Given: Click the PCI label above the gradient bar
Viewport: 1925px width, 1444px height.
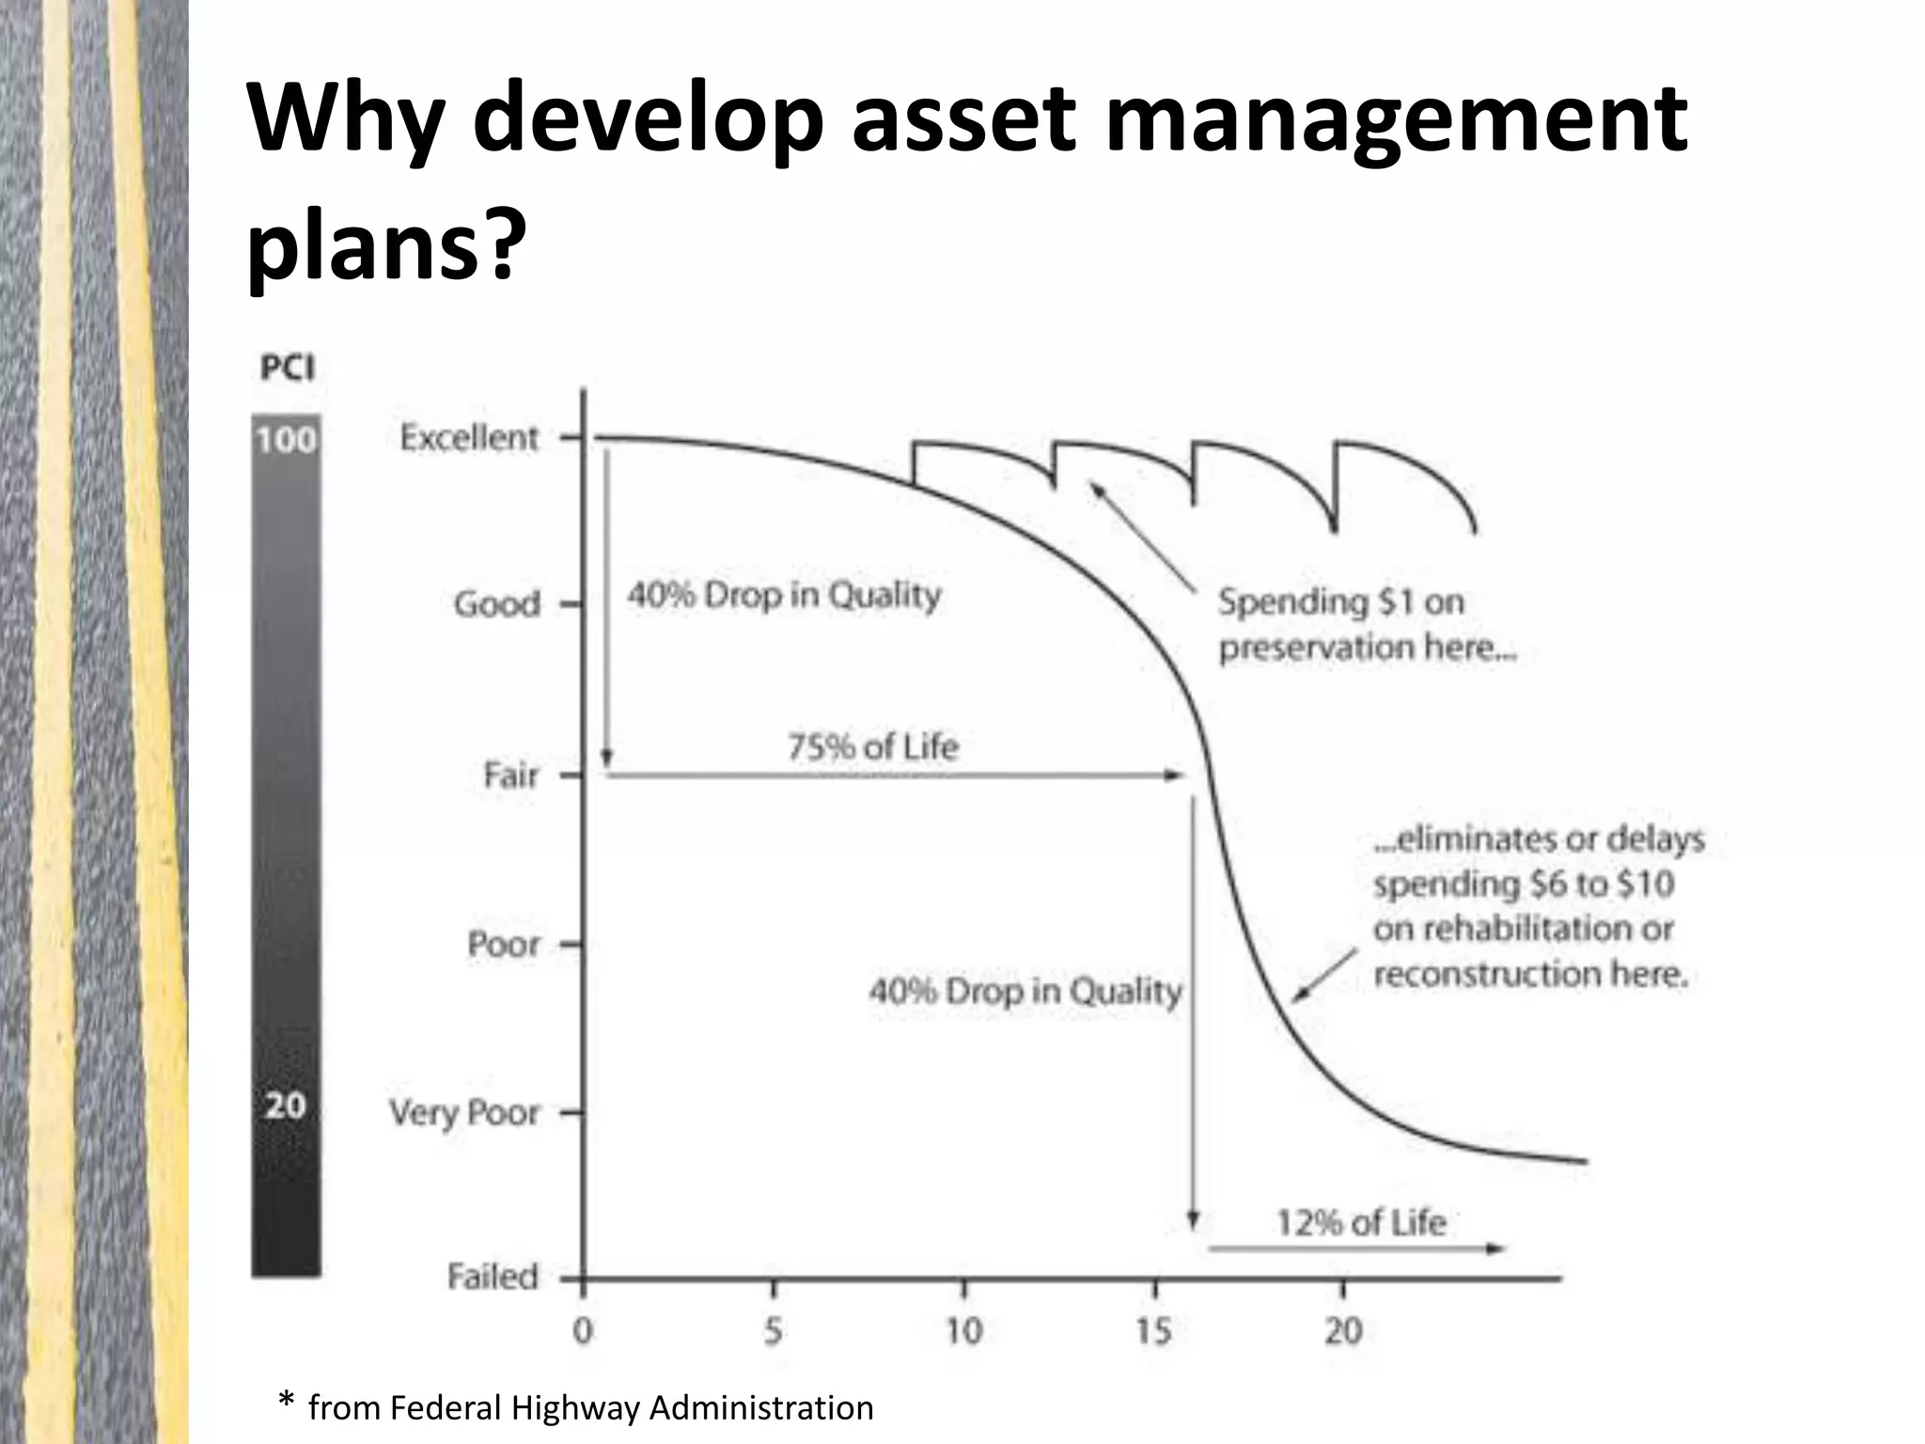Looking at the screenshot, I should (x=287, y=368).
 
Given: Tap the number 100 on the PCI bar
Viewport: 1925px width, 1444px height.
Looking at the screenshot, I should (x=287, y=439).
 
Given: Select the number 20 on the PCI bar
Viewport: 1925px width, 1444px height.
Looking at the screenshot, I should (x=285, y=1105).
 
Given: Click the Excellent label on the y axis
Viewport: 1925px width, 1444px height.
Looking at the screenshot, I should (x=469, y=437).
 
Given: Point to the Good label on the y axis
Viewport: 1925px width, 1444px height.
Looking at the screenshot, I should (x=497, y=604).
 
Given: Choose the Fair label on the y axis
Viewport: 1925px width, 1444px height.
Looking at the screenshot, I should (x=511, y=776).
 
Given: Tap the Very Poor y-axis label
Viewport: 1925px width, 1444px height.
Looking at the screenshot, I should (x=464, y=1113).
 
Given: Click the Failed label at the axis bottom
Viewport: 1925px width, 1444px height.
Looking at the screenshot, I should (x=493, y=1277).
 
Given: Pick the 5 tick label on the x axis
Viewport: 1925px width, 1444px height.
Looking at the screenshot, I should (x=773, y=1331).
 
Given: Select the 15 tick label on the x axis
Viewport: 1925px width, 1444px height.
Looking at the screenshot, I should (x=1153, y=1331).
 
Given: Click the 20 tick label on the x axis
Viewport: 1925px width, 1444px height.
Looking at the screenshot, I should (x=1343, y=1331).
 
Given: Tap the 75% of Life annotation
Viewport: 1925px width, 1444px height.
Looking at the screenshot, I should (x=872, y=746).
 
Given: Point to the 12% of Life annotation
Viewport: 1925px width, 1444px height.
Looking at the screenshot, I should (x=1360, y=1222).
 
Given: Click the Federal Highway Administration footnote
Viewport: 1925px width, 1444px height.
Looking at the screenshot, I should (x=590, y=1407).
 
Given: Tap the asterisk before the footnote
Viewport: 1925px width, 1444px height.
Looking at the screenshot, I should (x=287, y=1402).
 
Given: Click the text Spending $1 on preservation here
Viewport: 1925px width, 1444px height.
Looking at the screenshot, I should (x=1367, y=624).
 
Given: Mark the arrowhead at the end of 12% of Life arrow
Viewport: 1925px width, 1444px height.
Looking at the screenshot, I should (x=1496, y=1248).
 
